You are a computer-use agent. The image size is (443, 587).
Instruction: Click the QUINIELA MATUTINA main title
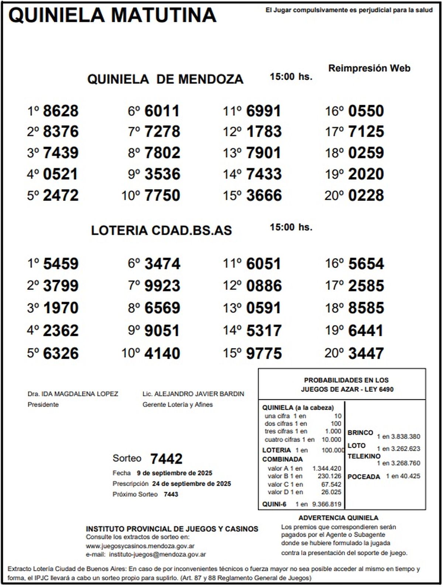click(112, 15)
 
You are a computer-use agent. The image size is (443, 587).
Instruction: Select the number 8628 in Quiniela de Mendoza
click(61, 111)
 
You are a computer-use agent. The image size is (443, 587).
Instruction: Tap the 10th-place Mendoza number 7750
click(162, 195)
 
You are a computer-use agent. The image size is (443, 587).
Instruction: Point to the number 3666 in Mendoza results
click(264, 195)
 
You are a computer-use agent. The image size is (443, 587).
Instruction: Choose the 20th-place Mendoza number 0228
click(366, 195)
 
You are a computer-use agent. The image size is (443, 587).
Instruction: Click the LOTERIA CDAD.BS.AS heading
click(161, 230)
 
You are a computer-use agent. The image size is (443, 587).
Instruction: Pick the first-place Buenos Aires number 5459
click(61, 264)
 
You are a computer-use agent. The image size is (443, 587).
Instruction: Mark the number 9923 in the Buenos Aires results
click(162, 286)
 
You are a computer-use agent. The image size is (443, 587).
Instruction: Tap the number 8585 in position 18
click(366, 308)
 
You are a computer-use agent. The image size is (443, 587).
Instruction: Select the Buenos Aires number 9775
click(264, 353)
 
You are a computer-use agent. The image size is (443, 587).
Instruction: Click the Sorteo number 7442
click(166, 459)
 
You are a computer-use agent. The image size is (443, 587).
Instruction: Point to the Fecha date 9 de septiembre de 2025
click(174, 473)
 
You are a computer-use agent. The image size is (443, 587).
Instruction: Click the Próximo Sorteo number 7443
click(171, 494)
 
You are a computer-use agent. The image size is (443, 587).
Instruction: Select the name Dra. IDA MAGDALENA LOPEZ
click(73, 394)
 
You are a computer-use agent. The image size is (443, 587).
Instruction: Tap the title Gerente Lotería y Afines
click(178, 404)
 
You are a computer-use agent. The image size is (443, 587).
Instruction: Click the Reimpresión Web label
click(369, 68)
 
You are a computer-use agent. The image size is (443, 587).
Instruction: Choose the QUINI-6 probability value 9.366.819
click(326, 504)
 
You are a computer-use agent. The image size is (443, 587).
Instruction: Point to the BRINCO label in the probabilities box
click(360, 433)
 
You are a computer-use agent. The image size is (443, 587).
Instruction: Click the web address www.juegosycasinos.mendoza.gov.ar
click(140, 546)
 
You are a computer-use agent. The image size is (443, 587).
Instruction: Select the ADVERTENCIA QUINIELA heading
click(338, 518)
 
